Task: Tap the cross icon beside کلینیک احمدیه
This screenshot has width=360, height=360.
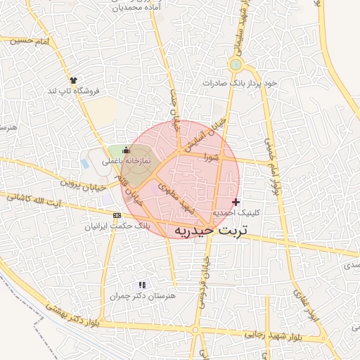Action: pos(236,202)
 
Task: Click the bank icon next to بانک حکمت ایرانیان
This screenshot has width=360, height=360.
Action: pos(117,215)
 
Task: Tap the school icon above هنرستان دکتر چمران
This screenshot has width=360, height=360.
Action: pos(143,285)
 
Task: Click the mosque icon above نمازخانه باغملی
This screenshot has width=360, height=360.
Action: pos(127,150)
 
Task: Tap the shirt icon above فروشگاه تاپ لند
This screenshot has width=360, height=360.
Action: pos(72,80)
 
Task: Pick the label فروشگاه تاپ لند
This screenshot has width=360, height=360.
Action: pos(74,91)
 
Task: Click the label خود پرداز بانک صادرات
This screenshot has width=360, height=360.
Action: pos(240,82)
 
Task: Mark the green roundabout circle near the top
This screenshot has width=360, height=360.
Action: pos(236,65)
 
